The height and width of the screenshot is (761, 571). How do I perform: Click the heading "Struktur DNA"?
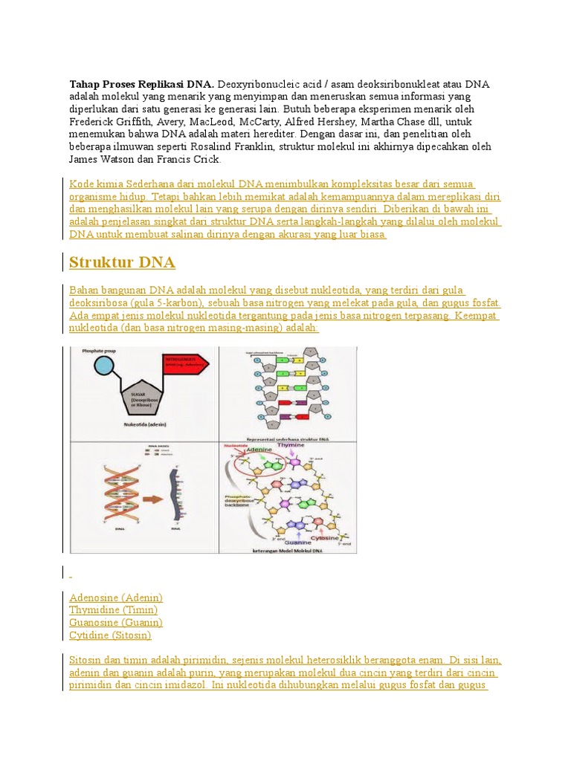(x=122, y=262)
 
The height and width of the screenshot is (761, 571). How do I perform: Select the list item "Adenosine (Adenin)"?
(x=115, y=598)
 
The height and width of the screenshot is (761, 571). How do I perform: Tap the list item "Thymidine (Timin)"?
(x=113, y=610)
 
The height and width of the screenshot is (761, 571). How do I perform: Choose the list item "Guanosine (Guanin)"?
(x=115, y=623)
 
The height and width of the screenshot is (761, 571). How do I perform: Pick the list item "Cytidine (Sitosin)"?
(x=110, y=635)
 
